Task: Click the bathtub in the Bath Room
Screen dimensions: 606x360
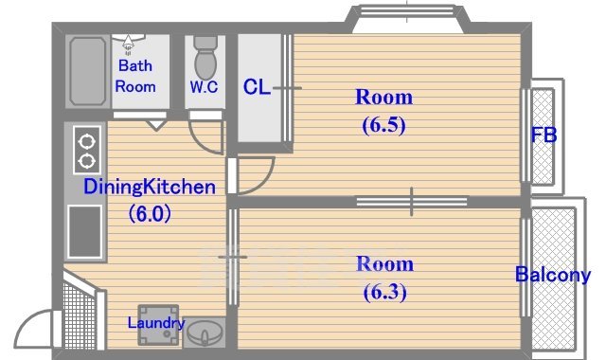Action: tap(87, 71)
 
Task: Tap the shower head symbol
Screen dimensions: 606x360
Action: tap(129, 44)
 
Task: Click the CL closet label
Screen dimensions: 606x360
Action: tap(256, 87)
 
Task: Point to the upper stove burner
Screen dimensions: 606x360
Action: tap(86, 141)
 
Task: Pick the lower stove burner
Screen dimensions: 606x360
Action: tap(86, 160)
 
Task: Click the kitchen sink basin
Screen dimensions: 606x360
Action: tap(84, 231)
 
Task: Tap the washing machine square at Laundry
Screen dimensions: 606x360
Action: tap(158, 325)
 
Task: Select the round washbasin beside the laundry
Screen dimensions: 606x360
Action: tap(205, 333)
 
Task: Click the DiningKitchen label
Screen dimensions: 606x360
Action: tap(150, 187)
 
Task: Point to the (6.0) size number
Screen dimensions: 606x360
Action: tap(150, 213)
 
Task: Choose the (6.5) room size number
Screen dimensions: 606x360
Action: tap(383, 125)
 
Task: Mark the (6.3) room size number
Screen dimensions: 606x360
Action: tap(385, 292)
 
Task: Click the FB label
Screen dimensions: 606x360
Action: tap(544, 135)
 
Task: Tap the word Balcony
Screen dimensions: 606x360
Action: tap(553, 275)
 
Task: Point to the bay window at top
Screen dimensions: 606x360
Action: tap(407, 18)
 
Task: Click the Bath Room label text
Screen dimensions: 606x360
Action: tap(135, 76)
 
